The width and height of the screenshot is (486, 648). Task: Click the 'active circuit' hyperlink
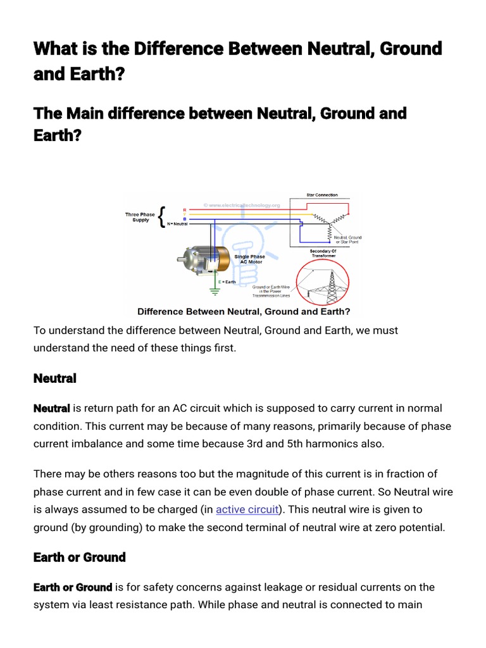(247, 509)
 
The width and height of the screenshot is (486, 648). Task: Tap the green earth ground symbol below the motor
(215, 292)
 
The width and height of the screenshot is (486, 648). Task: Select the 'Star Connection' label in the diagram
(323, 195)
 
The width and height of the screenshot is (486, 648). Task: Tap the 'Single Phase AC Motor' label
(249, 259)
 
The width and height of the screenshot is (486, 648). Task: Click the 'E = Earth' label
(227, 281)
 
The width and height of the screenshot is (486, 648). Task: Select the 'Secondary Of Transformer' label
(323, 253)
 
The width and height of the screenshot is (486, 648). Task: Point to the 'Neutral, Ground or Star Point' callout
(348, 239)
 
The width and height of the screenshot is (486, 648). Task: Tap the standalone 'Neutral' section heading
(54, 378)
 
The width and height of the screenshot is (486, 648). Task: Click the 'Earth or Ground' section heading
(79, 558)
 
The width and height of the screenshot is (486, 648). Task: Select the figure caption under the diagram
(244, 311)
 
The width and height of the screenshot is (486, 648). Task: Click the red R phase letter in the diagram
(184, 209)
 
